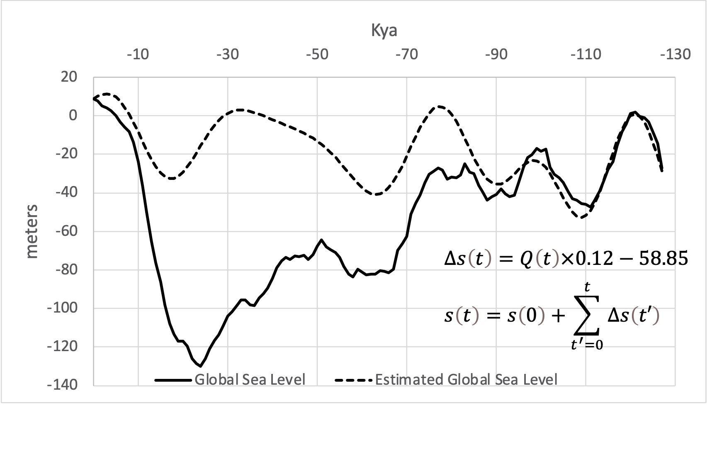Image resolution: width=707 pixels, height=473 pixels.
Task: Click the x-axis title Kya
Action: pos(384,31)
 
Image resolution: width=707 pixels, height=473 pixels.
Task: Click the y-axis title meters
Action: pos(32,231)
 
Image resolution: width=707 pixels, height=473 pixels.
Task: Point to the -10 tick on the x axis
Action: pos(138,54)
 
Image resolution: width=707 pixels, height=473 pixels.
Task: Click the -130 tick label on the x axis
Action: pos(676,54)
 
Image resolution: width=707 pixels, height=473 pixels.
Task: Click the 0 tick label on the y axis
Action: pos(73,116)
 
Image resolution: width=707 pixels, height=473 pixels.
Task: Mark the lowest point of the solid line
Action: pos(201,366)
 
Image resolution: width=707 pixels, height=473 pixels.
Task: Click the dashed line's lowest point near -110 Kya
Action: pos(582,217)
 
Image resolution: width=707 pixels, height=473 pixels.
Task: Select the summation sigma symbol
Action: pos(587,317)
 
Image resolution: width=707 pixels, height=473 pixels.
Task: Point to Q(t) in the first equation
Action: pos(538,259)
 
